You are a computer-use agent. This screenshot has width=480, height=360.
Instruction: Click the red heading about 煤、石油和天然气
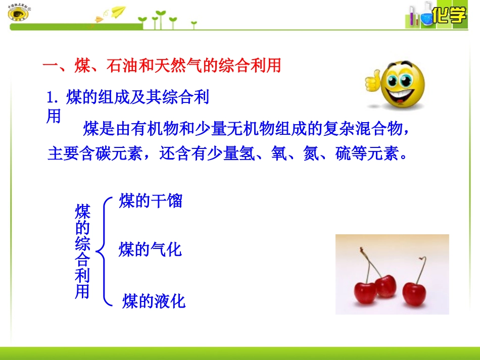coord(162,66)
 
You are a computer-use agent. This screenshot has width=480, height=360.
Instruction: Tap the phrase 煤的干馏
coord(151,201)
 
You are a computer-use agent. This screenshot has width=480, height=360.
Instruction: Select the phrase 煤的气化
coord(150,249)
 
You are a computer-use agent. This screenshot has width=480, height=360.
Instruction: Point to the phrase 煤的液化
coord(154,301)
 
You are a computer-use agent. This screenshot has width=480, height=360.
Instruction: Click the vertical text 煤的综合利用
coord(82,251)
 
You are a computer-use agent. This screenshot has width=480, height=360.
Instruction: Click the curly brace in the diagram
coord(104,251)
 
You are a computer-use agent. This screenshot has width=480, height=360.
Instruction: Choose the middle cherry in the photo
coord(386,286)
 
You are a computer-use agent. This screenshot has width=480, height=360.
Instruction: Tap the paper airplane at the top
coord(118,11)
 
